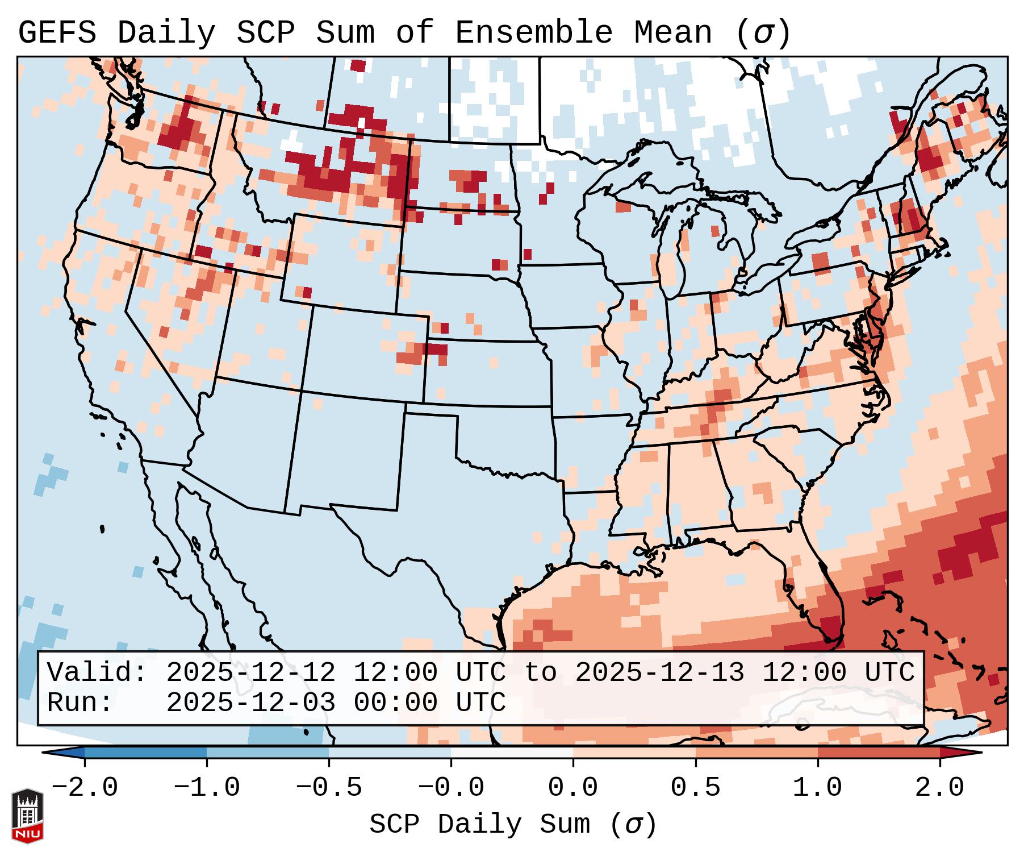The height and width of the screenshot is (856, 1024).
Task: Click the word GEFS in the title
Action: (57, 33)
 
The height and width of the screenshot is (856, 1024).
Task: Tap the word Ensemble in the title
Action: (533, 33)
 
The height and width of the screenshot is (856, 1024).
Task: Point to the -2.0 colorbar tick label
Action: (85, 788)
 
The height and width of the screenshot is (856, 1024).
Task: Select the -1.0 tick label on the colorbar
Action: (207, 788)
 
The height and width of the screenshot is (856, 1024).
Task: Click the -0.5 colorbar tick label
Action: (329, 788)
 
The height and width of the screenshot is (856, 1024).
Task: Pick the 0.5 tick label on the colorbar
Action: (695, 788)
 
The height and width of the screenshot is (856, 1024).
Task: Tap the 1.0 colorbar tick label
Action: (817, 788)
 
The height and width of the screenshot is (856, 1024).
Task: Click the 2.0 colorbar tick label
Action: (939, 788)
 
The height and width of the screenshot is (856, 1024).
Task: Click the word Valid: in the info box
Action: (97, 672)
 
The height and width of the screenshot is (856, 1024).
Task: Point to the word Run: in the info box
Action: (80, 703)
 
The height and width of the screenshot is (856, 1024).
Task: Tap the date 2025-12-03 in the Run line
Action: (250, 703)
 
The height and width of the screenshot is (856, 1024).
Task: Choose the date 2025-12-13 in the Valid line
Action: (659, 672)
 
